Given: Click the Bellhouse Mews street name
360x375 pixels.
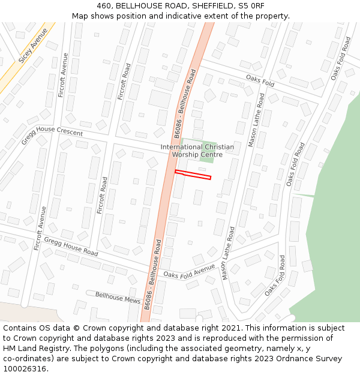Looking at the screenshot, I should pyautogui.click(x=118, y=297).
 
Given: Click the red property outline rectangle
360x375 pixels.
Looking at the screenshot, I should pyautogui.click(x=193, y=175).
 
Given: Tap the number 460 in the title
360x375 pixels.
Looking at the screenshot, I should pyautogui.click(x=104, y=6).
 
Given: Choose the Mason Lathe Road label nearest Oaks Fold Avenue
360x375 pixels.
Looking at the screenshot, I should pyautogui.click(x=227, y=253).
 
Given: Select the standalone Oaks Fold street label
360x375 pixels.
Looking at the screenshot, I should pyautogui.click(x=260, y=81).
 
